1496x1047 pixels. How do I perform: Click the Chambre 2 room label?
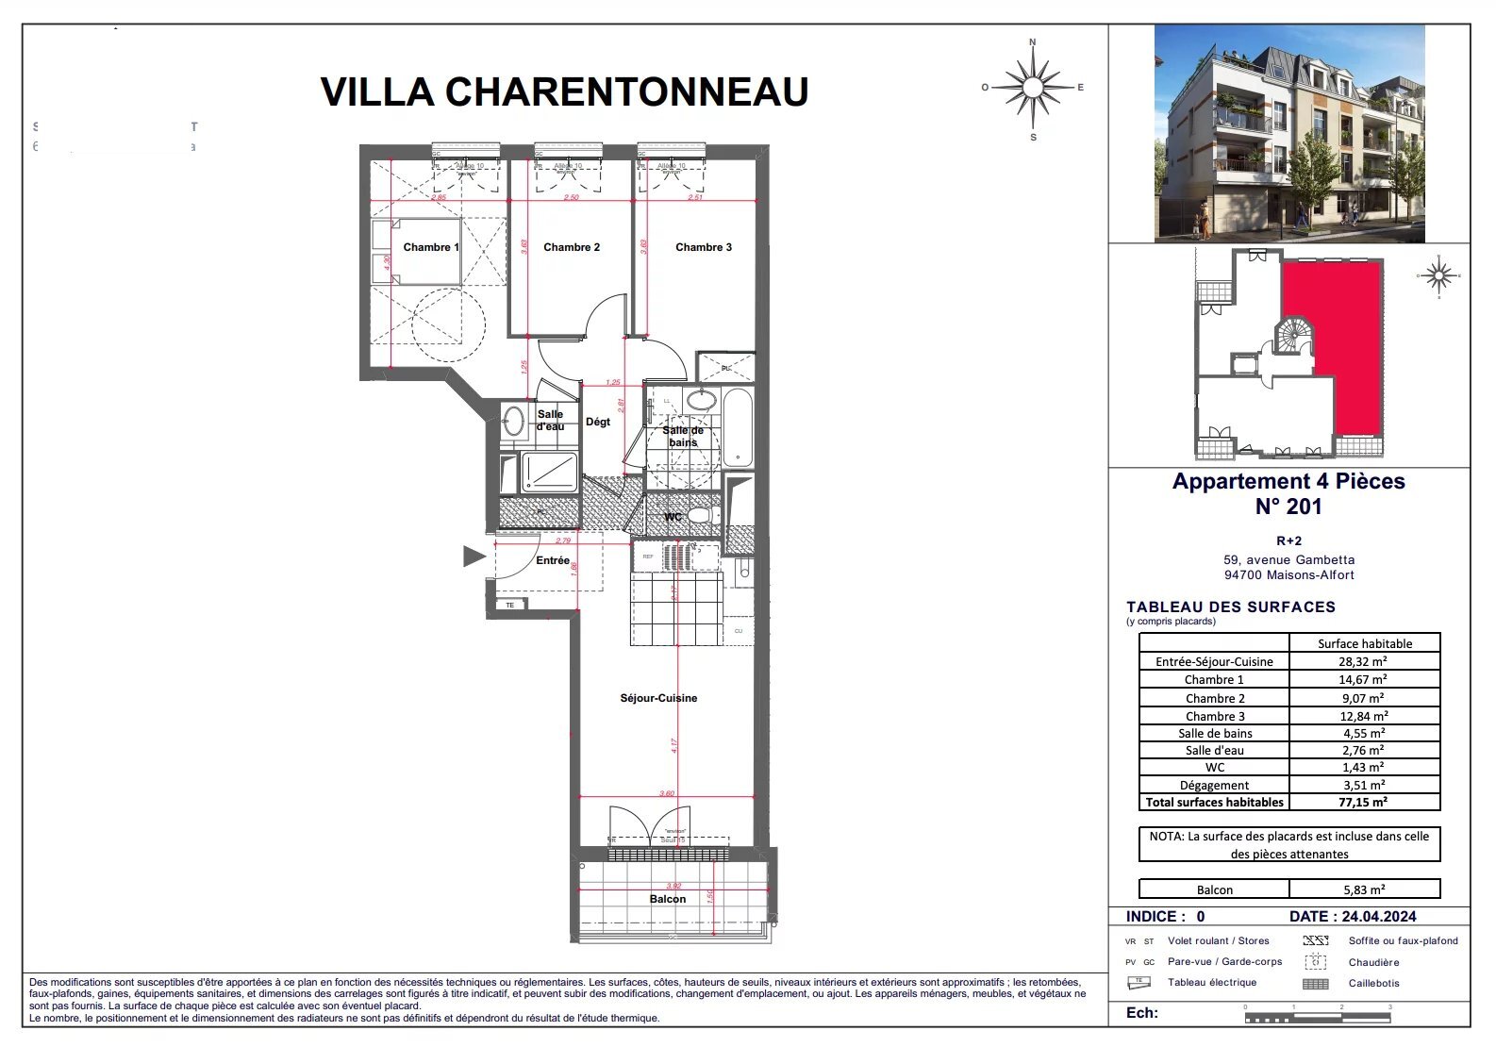(572, 247)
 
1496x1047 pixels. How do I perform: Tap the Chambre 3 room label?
(704, 247)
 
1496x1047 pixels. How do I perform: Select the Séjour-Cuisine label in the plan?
(658, 698)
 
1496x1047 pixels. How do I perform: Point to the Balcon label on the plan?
(667, 899)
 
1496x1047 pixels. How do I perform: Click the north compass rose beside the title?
(1033, 88)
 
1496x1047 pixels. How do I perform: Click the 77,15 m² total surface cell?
(1363, 803)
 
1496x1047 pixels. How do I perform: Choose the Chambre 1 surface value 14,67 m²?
(1363, 679)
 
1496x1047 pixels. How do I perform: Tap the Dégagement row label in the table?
(1214, 785)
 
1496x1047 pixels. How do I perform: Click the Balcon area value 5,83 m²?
(1363, 889)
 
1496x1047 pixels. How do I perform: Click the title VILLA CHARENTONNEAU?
(564, 91)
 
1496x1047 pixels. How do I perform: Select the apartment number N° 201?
(1288, 507)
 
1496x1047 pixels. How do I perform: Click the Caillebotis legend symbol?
(1315, 984)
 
